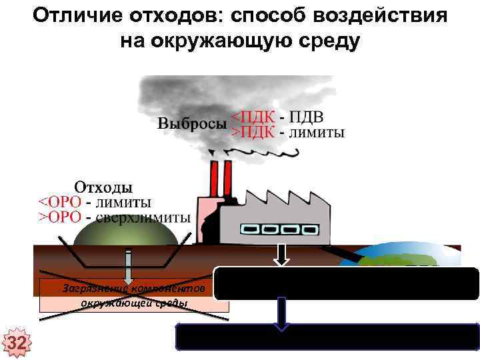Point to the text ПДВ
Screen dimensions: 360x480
[308, 117]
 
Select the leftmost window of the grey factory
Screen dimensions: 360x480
[250, 229]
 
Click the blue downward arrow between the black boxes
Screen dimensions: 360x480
[283, 313]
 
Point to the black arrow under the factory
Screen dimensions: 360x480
[283, 255]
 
